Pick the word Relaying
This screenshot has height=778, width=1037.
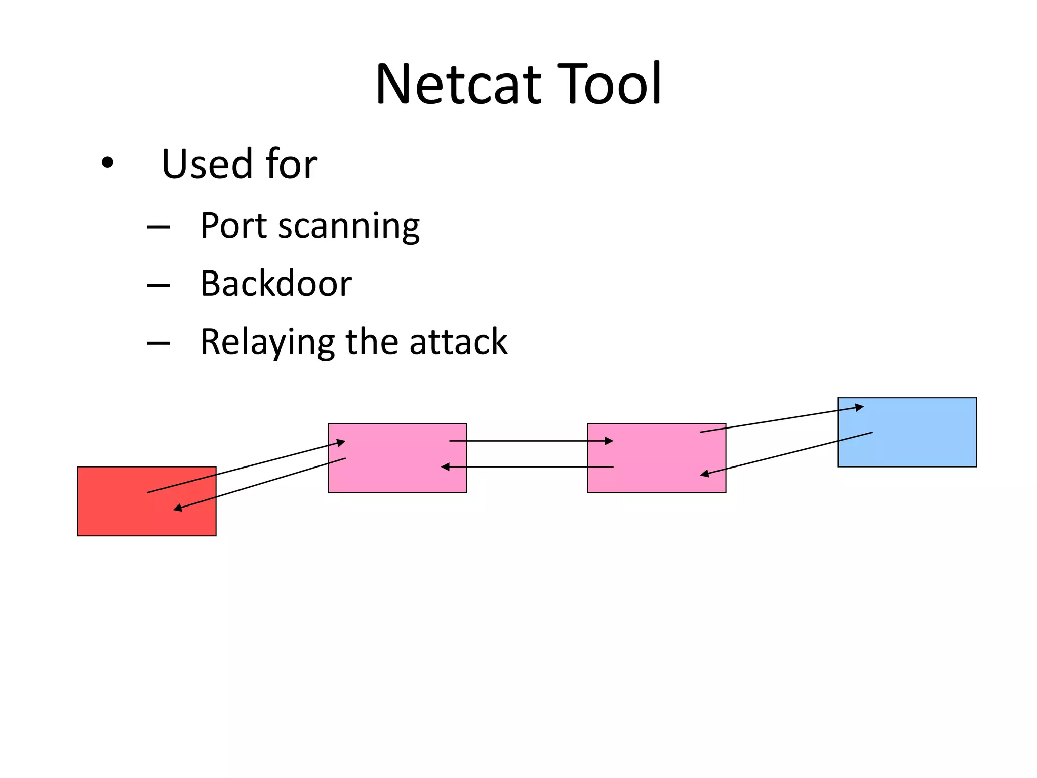click(267, 342)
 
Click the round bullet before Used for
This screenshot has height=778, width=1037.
click(107, 163)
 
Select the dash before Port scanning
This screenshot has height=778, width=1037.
click(158, 227)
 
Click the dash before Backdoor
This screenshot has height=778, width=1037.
click(158, 286)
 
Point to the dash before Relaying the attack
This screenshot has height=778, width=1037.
click(158, 344)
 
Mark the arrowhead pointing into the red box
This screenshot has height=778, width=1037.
click(178, 508)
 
